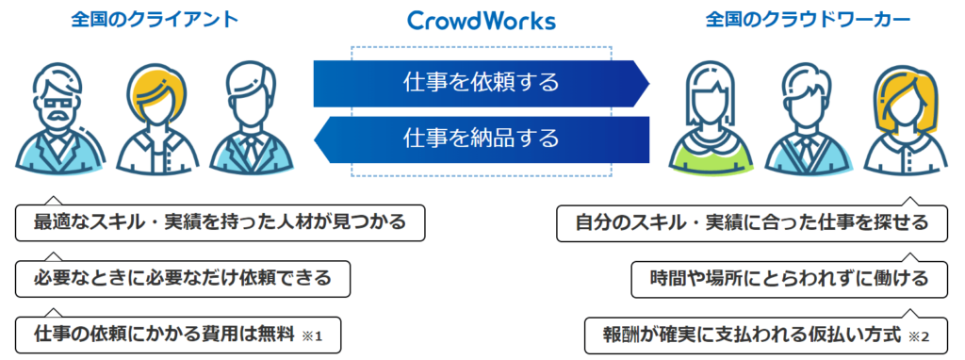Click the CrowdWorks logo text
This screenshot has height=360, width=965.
[x=482, y=21]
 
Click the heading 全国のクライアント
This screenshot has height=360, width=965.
[x=155, y=20]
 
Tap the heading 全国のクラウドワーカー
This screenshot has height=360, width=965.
[x=808, y=21]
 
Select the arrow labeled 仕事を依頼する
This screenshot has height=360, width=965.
[x=482, y=83]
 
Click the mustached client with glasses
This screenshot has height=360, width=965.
[x=60, y=118]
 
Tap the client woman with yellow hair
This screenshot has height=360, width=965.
[x=156, y=118]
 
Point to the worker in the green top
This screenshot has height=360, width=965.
[x=711, y=118]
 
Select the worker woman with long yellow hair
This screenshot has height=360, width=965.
[x=906, y=118]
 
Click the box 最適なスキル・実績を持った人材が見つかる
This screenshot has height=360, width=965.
[x=220, y=222]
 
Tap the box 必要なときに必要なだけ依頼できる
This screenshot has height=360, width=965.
[x=183, y=279]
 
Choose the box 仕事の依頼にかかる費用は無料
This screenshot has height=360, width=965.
[x=178, y=335]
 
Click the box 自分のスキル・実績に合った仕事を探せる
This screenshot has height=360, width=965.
[x=752, y=222]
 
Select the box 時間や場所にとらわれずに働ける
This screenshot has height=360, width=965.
[x=790, y=279]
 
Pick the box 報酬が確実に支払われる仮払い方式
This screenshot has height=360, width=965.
[x=766, y=336]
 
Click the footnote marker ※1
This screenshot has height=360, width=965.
[x=313, y=336]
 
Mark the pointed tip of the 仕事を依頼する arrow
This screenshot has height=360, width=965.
[x=649, y=83]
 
